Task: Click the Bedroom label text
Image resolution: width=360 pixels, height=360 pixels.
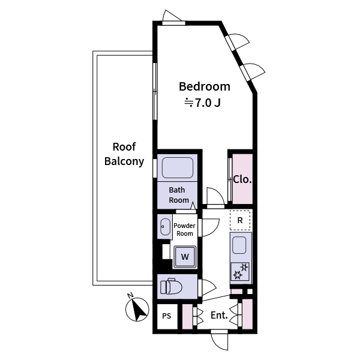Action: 205,86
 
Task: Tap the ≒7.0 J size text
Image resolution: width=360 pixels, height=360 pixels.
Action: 202,103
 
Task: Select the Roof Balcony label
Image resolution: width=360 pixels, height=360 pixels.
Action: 124,154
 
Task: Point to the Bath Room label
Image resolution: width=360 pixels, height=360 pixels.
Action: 179,195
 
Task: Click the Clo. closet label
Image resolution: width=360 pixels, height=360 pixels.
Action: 242,179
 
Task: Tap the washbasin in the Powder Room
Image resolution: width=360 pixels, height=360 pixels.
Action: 165,227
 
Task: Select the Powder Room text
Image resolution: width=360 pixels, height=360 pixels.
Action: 184,229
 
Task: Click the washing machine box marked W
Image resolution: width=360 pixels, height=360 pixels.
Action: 185,257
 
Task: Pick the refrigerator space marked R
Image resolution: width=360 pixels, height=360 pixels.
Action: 240,220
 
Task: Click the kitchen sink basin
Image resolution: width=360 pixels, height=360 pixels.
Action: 239,245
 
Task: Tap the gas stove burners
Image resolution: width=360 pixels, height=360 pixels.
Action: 240,271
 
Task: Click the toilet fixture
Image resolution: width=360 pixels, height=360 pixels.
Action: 170,287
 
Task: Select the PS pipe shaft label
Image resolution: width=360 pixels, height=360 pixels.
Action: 167,316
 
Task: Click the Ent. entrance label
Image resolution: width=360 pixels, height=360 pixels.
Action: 218,316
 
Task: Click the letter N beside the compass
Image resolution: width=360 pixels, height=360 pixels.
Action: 130,295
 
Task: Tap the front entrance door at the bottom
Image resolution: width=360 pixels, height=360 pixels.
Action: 220,340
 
